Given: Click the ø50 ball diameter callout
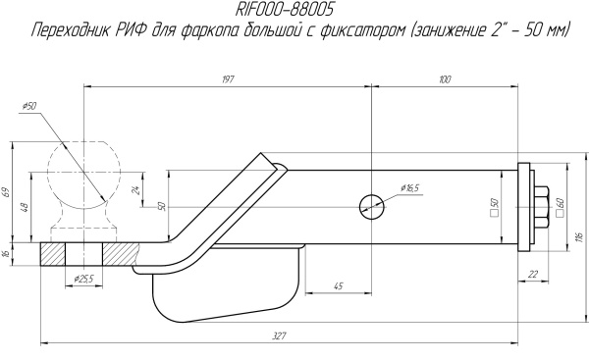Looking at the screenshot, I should pos(26,105).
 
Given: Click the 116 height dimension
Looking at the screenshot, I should pos(580,236).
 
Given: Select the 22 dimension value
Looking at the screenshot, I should pos(531,276).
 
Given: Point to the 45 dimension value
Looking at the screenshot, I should pos(337,285).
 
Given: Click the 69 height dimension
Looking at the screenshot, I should pos(6,192).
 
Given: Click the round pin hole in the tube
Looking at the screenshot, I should pos(371,205).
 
